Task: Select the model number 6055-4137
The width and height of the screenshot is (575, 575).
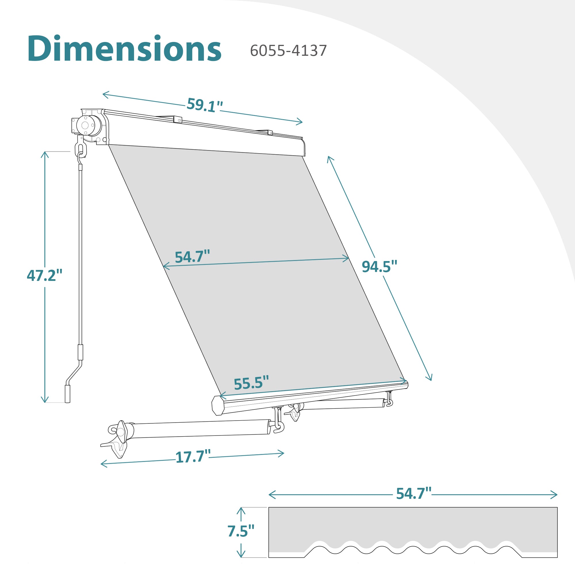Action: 288,51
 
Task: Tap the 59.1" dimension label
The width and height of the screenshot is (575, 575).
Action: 205,105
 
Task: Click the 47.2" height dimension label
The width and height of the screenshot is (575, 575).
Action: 45,275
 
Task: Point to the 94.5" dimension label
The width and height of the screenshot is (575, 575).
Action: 379,267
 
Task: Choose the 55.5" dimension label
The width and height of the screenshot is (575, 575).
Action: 251,383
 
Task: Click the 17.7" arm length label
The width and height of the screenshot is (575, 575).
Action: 193,457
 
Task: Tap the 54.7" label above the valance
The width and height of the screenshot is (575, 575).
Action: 414,493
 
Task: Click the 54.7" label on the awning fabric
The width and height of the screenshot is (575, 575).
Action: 192,257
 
